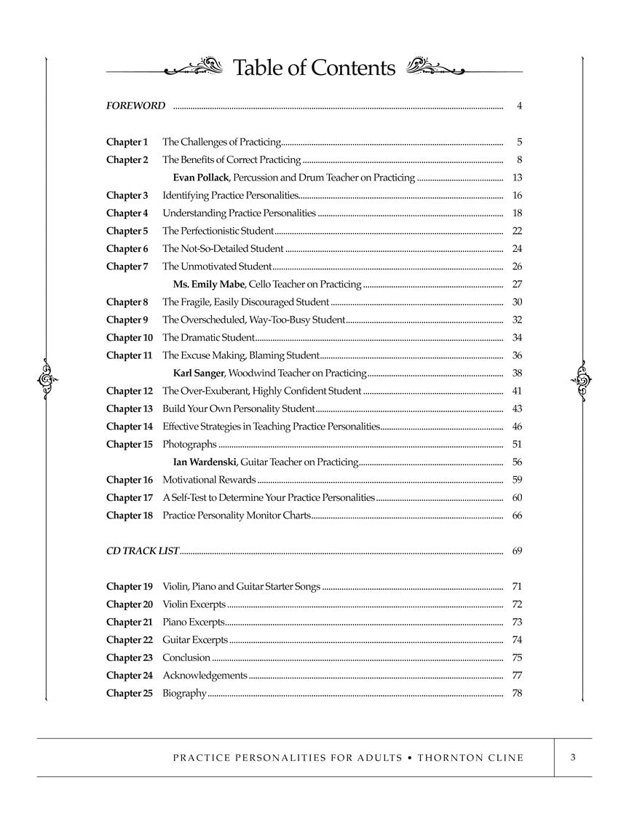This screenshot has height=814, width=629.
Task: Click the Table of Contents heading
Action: click(314, 68)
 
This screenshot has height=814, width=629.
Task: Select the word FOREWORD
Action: click(136, 106)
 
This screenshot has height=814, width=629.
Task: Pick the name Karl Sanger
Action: click(199, 374)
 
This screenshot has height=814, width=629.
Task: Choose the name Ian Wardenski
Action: click(205, 462)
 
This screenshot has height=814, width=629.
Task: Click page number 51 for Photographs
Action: click(518, 444)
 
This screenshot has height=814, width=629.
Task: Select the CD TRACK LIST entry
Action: click(143, 551)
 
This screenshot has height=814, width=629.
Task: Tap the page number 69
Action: click(518, 551)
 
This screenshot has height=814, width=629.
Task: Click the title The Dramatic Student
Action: click(208, 338)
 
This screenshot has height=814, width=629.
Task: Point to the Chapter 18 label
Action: click(130, 515)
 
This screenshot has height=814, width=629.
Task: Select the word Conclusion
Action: click(186, 657)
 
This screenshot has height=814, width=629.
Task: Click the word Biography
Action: click(184, 693)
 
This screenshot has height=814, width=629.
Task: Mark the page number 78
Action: click(518, 693)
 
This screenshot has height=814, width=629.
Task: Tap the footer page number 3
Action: click(574, 758)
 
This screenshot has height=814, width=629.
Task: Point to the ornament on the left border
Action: click(47, 378)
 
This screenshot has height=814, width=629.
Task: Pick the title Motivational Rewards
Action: click(209, 480)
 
